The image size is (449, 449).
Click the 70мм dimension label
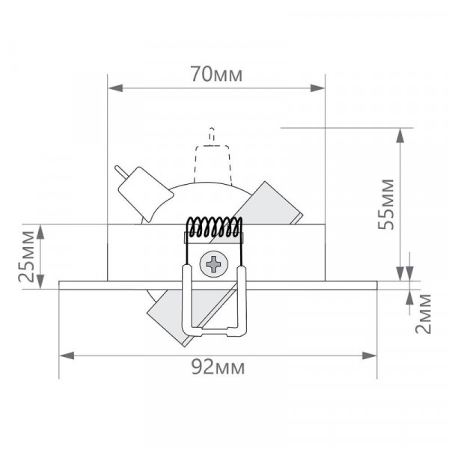[217, 74]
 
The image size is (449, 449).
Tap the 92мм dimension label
[219, 367]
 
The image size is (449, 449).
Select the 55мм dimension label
[385, 204]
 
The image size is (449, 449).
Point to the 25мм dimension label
[26, 256]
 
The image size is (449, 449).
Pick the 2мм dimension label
[423, 314]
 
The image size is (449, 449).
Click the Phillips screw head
[214, 264]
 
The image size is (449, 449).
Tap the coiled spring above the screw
[214, 227]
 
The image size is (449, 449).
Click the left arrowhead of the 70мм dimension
[115, 88]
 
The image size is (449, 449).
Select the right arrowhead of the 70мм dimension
[317, 88]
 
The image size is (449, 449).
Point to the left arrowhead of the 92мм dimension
[67, 355]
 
